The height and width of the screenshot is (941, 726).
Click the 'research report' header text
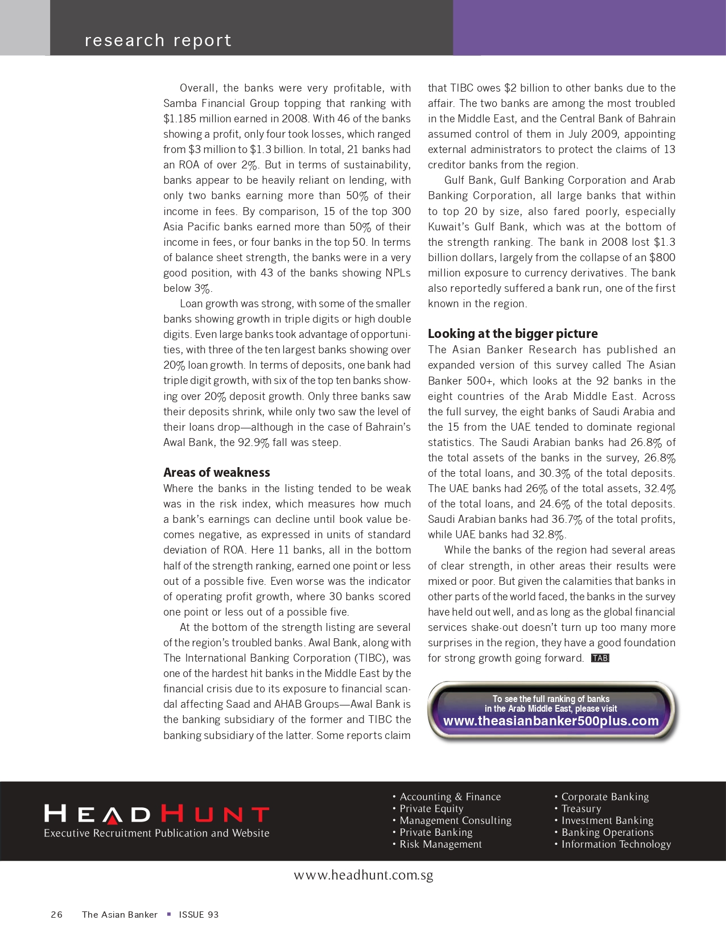point(158,40)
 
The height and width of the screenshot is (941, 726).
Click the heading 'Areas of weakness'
point(216,472)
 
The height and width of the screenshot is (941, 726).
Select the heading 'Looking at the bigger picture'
point(513,333)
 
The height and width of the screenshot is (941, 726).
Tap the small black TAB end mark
point(600,658)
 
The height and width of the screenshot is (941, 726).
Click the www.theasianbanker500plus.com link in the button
point(551,721)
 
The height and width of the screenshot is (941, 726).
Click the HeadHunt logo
point(156,814)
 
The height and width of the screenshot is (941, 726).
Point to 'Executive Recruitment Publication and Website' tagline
point(156,833)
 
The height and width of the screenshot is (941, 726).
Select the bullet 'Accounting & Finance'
point(450,796)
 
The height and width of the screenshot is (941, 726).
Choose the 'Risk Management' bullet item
point(440,844)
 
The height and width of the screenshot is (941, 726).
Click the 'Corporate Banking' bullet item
point(605,796)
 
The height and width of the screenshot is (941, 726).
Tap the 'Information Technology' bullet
point(616,844)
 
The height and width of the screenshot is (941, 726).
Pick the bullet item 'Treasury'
point(581,808)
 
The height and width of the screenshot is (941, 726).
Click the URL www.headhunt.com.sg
point(363,875)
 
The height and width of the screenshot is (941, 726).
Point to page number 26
point(57,914)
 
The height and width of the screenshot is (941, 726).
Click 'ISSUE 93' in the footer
point(199,914)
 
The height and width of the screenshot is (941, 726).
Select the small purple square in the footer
point(168,914)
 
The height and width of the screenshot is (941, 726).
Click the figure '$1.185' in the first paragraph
point(180,119)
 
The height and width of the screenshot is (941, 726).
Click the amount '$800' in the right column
point(662,257)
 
